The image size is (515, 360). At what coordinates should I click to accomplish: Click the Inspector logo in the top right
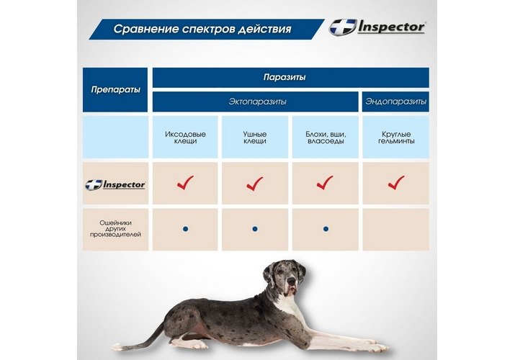(377, 27)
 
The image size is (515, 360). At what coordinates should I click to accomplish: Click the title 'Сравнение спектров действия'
(202, 29)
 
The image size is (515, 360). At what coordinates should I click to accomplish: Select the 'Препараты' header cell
(115, 89)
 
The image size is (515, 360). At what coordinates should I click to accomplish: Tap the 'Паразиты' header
(285, 77)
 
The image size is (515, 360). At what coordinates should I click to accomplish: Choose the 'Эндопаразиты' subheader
(395, 102)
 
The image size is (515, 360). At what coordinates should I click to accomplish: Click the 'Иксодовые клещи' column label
(185, 138)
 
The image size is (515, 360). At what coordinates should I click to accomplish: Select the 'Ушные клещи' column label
(255, 138)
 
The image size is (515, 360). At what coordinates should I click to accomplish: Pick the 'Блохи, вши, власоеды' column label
(326, 138)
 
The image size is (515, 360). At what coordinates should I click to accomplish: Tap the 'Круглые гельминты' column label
(396, 138)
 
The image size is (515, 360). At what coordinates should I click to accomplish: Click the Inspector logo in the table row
(115, 184)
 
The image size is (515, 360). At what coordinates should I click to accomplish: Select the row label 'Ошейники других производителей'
(115, 228)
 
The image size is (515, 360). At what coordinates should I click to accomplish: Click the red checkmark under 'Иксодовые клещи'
(185, 183)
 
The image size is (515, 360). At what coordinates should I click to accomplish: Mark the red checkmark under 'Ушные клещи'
(255, 184)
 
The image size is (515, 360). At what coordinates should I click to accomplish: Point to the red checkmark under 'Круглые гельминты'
(396, 183)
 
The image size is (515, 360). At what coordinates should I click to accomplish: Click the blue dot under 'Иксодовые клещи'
(186, 229)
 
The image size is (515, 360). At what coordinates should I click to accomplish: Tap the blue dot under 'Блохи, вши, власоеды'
(326, 229)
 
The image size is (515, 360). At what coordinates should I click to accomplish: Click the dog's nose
(291, 281)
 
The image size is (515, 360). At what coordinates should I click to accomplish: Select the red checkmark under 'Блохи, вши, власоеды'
(325, 183)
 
